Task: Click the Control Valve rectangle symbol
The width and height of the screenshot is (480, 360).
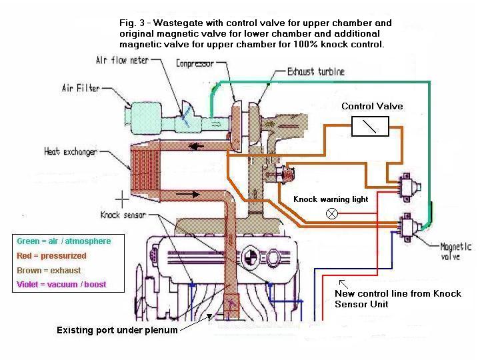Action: [x=370, y=126]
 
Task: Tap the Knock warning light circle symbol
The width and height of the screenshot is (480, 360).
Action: [x=332, y=213]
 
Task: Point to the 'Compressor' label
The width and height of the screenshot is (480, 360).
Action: [x=195, y=64]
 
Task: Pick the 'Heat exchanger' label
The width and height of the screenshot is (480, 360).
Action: [x=71, y=151]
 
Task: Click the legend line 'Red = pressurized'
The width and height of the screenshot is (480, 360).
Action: [x=51, y=256]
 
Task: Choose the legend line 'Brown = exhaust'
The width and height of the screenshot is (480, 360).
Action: [x=49, y=271]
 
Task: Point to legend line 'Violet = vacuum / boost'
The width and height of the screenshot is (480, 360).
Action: [x=61, y=285]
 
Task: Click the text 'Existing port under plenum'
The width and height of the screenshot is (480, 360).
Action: [x=117, y=330]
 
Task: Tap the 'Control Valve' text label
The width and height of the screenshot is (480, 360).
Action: [x=372, y=107]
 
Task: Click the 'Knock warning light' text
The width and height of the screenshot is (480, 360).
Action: [x=331, y=199]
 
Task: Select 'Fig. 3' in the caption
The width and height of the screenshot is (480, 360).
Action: [x=131, y=23]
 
